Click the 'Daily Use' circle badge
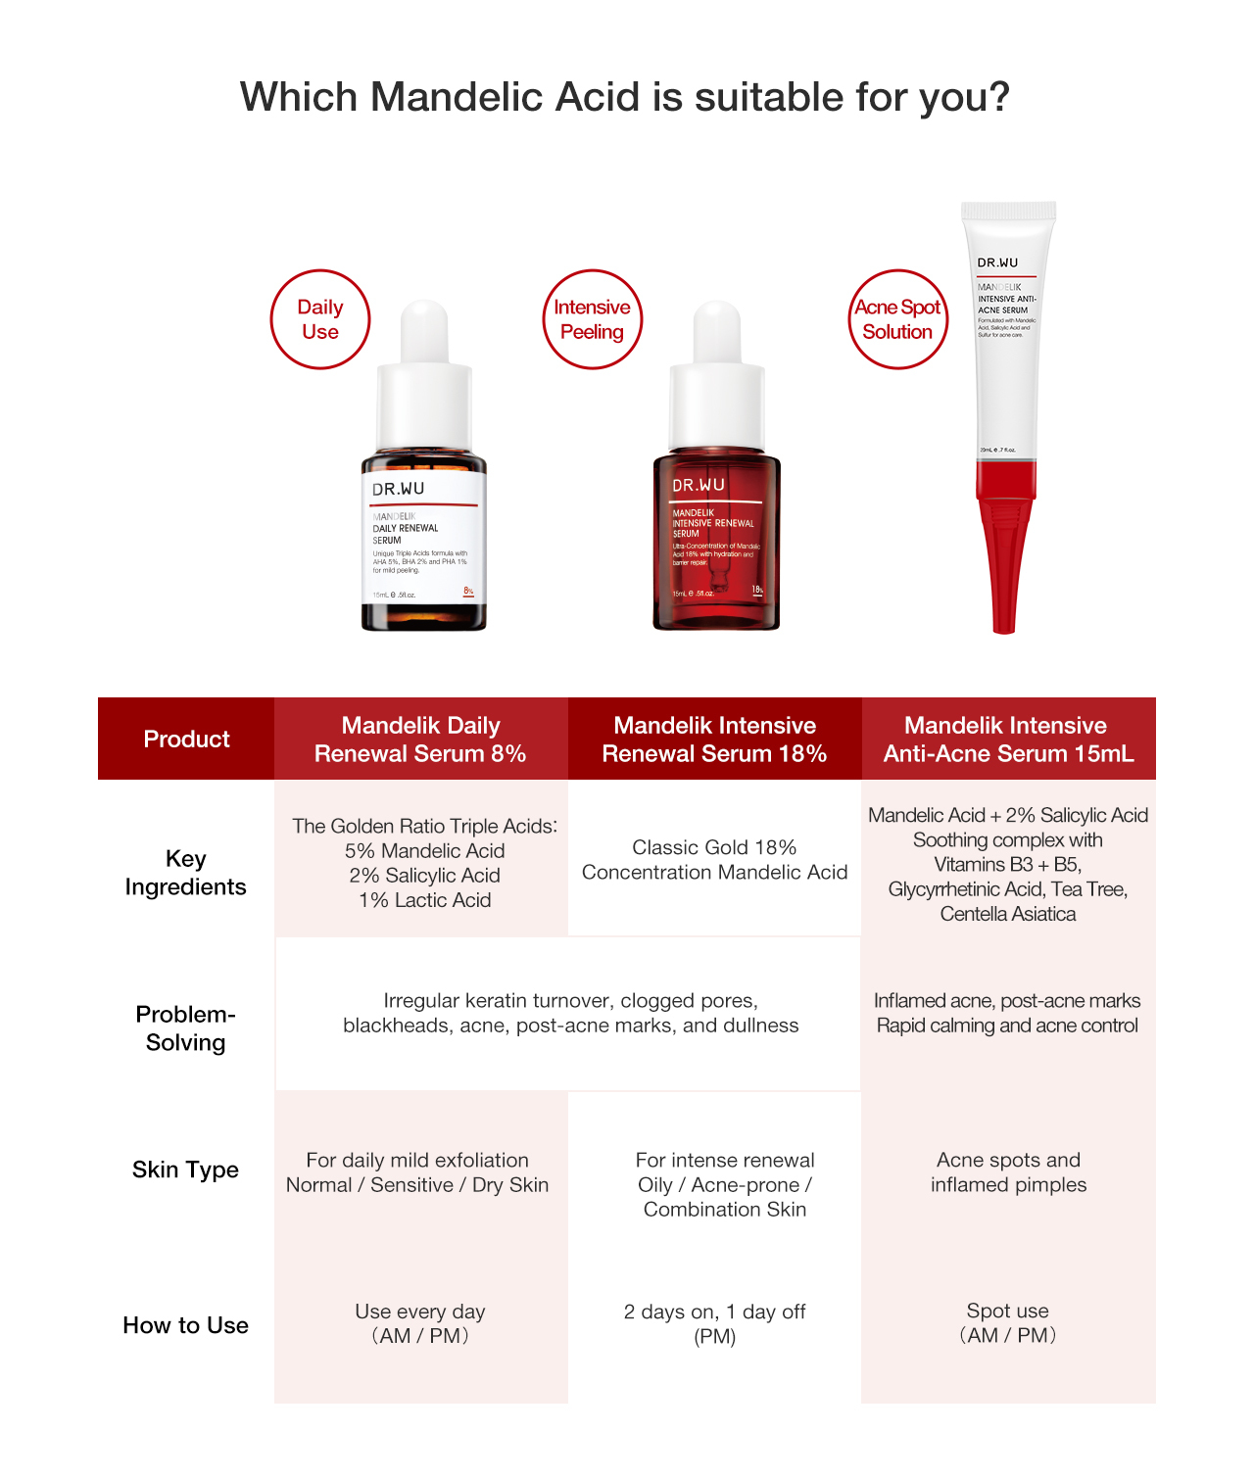coord(320,319)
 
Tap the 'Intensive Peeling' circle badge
coord(592,319)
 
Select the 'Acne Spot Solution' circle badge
coord(897,319)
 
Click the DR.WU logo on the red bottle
coord(699,485)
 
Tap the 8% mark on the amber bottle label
coord(468,591)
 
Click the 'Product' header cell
coord(186,739)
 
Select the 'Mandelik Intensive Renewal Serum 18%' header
coord(714,739)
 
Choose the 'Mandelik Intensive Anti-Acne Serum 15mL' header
coord(1008,739)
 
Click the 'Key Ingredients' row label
coord(185,872)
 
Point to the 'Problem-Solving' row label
coord(185,1027)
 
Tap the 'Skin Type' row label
coord(185,1170)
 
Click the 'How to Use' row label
coord(185,1325)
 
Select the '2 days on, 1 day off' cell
coord(714,1312)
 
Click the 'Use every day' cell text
coord(420,1312)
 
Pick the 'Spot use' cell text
coord(1007,1311)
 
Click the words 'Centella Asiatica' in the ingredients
coord(1007,914)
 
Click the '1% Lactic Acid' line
coord(424,900)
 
